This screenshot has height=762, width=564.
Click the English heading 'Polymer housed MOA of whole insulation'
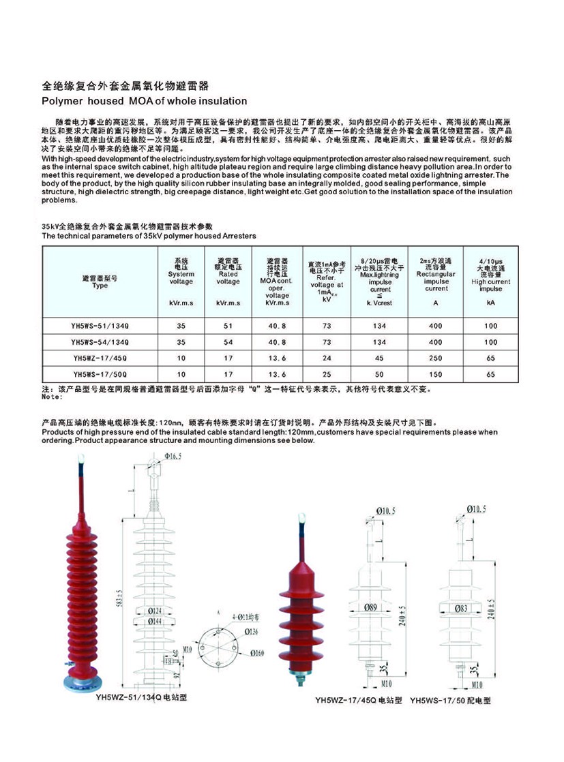145,101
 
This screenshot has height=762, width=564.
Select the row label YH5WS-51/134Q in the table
100,326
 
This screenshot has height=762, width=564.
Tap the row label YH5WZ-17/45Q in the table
100,358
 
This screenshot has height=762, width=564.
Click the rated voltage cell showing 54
228,342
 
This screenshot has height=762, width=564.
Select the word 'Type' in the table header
100,286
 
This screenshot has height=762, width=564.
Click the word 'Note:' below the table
52,396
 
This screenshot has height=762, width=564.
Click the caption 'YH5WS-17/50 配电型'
450,701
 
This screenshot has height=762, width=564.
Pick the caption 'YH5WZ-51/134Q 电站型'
142,697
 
